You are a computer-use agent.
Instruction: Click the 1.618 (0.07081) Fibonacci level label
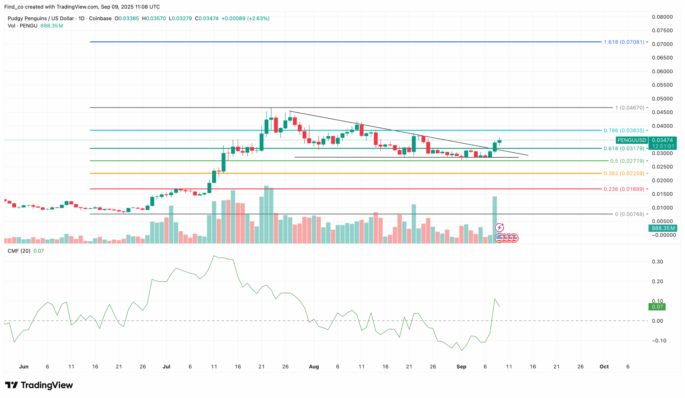point(624,42)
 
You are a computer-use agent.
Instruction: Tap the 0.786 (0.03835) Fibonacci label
point(624,131)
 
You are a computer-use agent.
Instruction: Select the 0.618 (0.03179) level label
point(624,149)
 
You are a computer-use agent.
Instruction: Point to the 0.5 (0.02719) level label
point(627,161)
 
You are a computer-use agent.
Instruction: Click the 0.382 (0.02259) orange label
point(624,173)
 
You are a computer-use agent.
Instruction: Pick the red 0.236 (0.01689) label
point(624,189)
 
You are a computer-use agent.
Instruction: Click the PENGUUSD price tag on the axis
point(632,140)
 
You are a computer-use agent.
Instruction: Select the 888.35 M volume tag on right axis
point(663,228)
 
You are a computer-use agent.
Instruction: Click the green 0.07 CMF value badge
point(657,307)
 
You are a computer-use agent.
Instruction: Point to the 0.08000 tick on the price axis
point(662,17)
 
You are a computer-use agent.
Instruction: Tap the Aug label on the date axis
point(314,366)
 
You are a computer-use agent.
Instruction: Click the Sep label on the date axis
point(461,366)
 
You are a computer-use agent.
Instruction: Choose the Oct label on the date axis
point(604,366)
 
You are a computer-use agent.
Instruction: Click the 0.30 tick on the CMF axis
point(657,262)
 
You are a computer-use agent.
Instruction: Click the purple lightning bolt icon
point(499,227)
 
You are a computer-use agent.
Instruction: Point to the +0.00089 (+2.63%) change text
point(245,18)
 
